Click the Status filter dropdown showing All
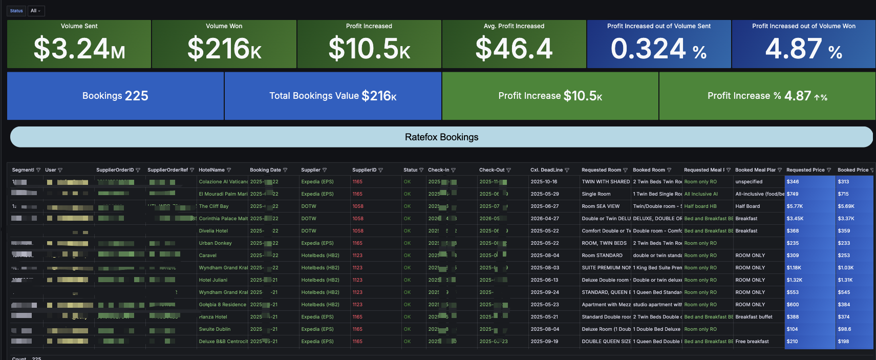(x=36, y=11)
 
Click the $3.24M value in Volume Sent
(x=79, y=49)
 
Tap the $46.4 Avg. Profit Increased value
(x=514, y=49)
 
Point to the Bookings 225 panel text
(x=115, y=96)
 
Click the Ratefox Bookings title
(x=441, y=137)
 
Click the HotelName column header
(x=211, y=170)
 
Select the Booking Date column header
(x=265, y=170)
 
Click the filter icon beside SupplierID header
(x=380, y=170)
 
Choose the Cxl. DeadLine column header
(x=546, y=170)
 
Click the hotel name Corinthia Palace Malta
(x=223, y=219)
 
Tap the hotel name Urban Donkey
(x=215, y=243)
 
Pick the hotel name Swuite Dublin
(x=215, y=329)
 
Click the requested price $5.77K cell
(x=795, y=206)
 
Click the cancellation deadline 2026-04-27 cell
(x=545, y=219)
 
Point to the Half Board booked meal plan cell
(x=747, y=206)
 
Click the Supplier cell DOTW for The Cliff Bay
(x=309, y=206)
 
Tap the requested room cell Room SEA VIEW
(x=601, y=206)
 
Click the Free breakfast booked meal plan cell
(x=752, y=342)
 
